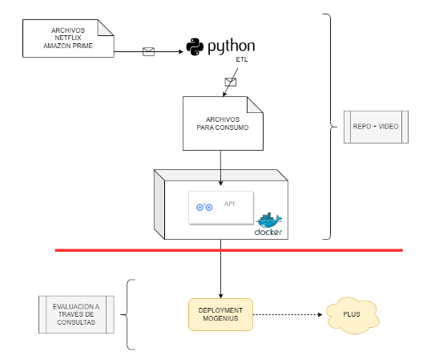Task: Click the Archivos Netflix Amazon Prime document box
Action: pos(68,38)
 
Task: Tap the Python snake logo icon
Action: pos(195,47)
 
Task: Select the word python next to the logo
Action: pos(232,47)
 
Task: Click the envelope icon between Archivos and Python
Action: pos(148,52)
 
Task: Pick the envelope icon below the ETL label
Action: pos(231,82)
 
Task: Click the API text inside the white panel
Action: pos(230,204)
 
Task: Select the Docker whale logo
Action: pos(269,220)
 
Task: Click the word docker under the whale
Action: pos(268,233)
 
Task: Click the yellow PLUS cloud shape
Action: pos(352,315)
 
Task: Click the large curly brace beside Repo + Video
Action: pos(330,126)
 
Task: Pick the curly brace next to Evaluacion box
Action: pos(131,314)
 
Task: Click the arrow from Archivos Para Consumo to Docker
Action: pos(221,160)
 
